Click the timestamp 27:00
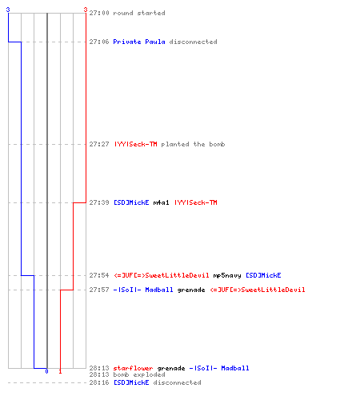(x=99, y=13)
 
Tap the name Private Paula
(x=139, y=42)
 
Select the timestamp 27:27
(x=99, y=144)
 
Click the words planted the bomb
(x=193, y=144)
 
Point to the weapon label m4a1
(x=161, y=202)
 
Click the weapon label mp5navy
(x=227, y=275)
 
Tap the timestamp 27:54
(x=99, y=275)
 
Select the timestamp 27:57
(x=99, y=290)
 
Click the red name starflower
(x=133, y=368)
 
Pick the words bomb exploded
(x=139, y=374)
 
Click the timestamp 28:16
(x=99, y=382)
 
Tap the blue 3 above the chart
(x=8, y=10)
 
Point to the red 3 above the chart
(x=86, y=10)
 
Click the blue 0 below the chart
(x=46, y=371)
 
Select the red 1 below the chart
(x=60, y=371)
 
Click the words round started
(x=139, y=13)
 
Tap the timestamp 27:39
(x=99, y=202)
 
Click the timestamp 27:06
(x=99, y=42)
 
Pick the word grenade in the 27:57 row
(x=191, y=290)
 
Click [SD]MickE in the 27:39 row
(x=131, y=202)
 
